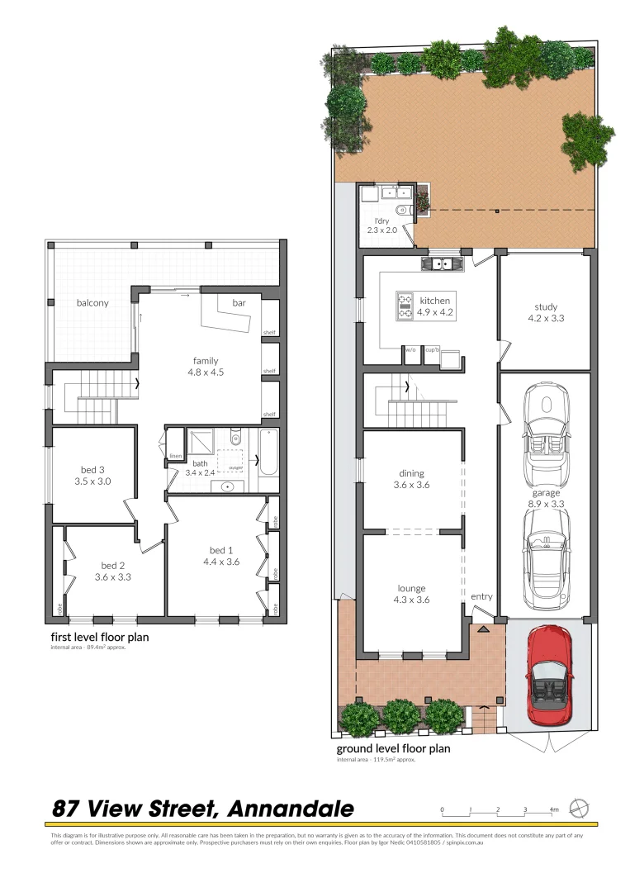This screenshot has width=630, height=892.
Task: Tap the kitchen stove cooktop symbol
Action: (405, 304)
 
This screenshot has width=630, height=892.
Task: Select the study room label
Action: (545, 306)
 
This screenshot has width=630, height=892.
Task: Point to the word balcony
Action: (92, 303)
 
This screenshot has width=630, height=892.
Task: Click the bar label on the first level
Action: (239, 304)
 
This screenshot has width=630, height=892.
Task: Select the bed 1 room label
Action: (221, 550)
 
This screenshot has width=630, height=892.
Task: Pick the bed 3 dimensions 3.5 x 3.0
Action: (92, 481)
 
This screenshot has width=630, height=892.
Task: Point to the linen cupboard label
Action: (175, 455)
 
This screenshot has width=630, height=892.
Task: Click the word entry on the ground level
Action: (481, 596)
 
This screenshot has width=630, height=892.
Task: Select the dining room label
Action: (411, 474)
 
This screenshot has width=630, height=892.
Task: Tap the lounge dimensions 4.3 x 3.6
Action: (410, 600)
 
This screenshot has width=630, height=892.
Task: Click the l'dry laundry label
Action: (381, 221)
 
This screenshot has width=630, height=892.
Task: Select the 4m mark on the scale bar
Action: (553, 810)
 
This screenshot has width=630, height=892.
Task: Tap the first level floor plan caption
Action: (99, 637)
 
